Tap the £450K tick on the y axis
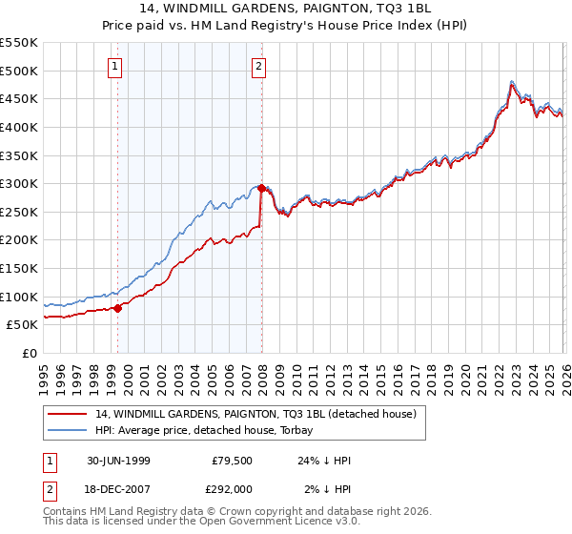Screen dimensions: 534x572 (x=19, y=98)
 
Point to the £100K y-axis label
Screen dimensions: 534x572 (x=19, y=297)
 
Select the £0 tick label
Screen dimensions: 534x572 (x=29, y=353)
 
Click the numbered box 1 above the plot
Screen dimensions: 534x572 (x=115, y=67)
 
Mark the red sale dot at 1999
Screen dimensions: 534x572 (x=118, y=308)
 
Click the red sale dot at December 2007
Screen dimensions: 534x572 (x=261, y=188)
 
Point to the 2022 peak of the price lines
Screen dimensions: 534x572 (x=512, y=83)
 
